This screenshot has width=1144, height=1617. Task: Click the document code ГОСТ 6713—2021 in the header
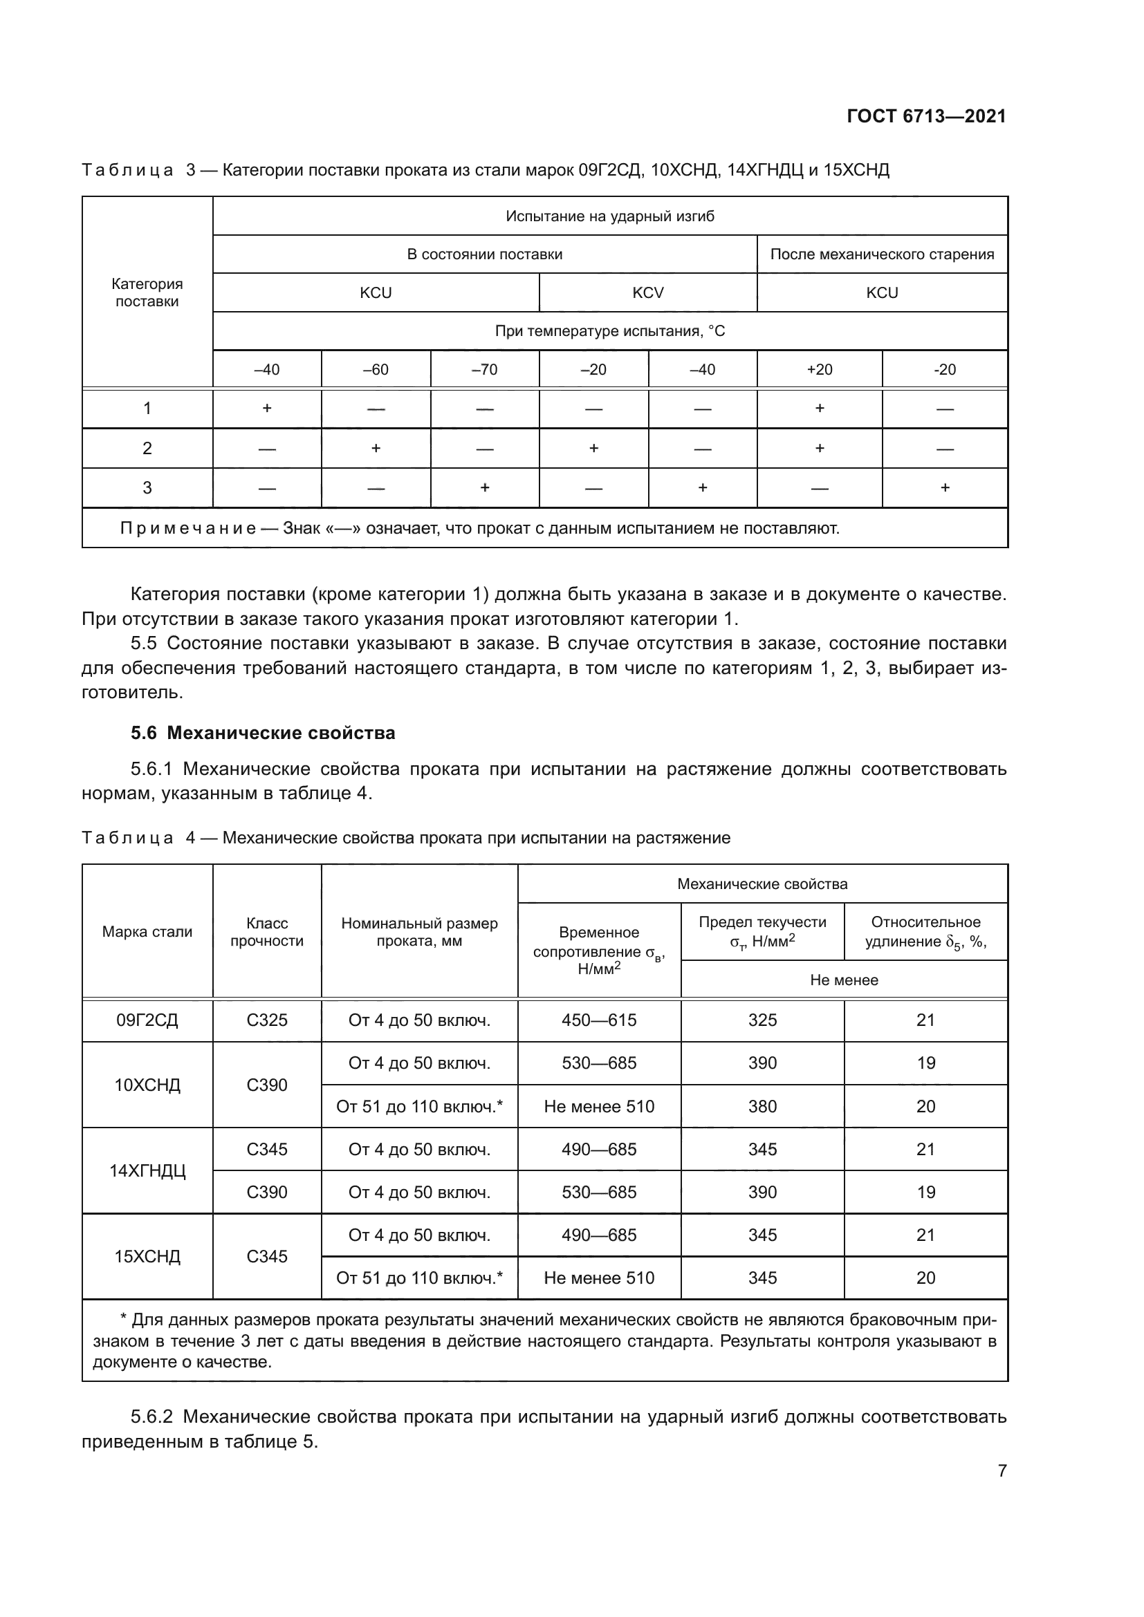[x=925, y=116]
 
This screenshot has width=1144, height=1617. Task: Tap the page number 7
[x=1002, y=1470]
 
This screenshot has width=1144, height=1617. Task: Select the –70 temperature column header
[x=485, y=370]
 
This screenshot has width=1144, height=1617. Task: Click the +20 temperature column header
[x=819, y=370]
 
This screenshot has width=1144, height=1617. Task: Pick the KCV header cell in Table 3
[x=647, y=293]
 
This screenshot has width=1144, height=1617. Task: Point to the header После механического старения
[x=882, y=254]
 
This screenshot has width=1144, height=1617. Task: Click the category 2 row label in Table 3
[x=147, y=449]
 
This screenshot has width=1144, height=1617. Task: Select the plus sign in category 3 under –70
[x=485, y=488]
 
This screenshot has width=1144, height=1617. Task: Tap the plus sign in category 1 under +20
[x=819, y=409]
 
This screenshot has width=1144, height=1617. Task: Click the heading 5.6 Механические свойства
[x=263, y=733]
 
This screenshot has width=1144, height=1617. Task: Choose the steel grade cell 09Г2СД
[x=147, y=1020]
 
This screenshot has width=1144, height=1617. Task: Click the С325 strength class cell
[x=267, y=1020]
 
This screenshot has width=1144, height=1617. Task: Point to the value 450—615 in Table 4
[x=599, y=1020]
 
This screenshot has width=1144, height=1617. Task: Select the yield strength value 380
[x=762, y=1106]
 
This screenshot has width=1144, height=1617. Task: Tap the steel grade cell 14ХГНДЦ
[x=147, y=1171]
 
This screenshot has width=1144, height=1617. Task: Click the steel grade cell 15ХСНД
[x=147, y=1256]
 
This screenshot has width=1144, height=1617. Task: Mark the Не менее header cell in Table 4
[x=844, y=980]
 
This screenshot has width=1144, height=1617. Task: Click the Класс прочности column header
[x=267, y=932]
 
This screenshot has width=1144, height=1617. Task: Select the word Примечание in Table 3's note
[x=187, y=528]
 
